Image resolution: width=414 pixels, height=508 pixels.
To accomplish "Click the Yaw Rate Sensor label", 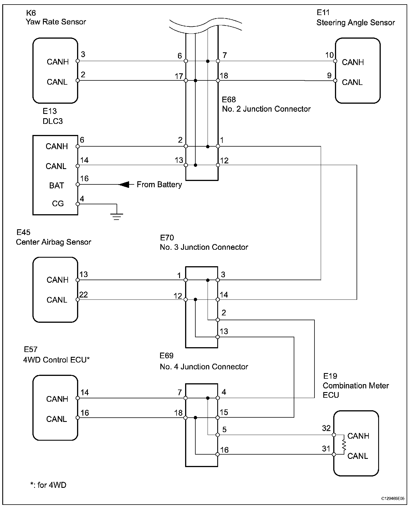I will [56, 22].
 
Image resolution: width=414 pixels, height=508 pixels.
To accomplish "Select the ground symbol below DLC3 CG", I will [117, 216].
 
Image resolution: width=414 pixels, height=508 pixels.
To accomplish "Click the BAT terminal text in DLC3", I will [56, 186].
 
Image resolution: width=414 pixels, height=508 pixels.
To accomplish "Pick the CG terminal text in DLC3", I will [58, 204].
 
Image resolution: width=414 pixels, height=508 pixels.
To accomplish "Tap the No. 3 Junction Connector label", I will [204, 247].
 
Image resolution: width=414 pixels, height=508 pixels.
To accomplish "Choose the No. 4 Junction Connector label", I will [204, 367].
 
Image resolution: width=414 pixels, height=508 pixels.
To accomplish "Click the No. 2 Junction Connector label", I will [266, 109].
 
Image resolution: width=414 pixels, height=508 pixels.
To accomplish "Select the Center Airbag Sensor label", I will [53, 242].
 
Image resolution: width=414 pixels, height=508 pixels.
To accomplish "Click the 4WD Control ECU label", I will [56, 360].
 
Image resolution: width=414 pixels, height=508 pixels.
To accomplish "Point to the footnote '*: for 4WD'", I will [48, 485].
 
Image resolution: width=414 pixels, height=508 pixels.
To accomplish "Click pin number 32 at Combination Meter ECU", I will [326, 428].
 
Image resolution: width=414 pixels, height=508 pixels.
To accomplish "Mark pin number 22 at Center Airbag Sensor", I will [84, 295].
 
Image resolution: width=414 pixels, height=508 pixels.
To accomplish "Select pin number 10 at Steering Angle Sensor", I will [329, 55].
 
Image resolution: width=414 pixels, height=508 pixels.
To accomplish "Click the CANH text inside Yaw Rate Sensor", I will [58, 62].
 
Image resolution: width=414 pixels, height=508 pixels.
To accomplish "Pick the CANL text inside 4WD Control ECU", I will [57, 419].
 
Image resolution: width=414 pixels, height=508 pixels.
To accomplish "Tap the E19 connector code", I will [330, 376].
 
